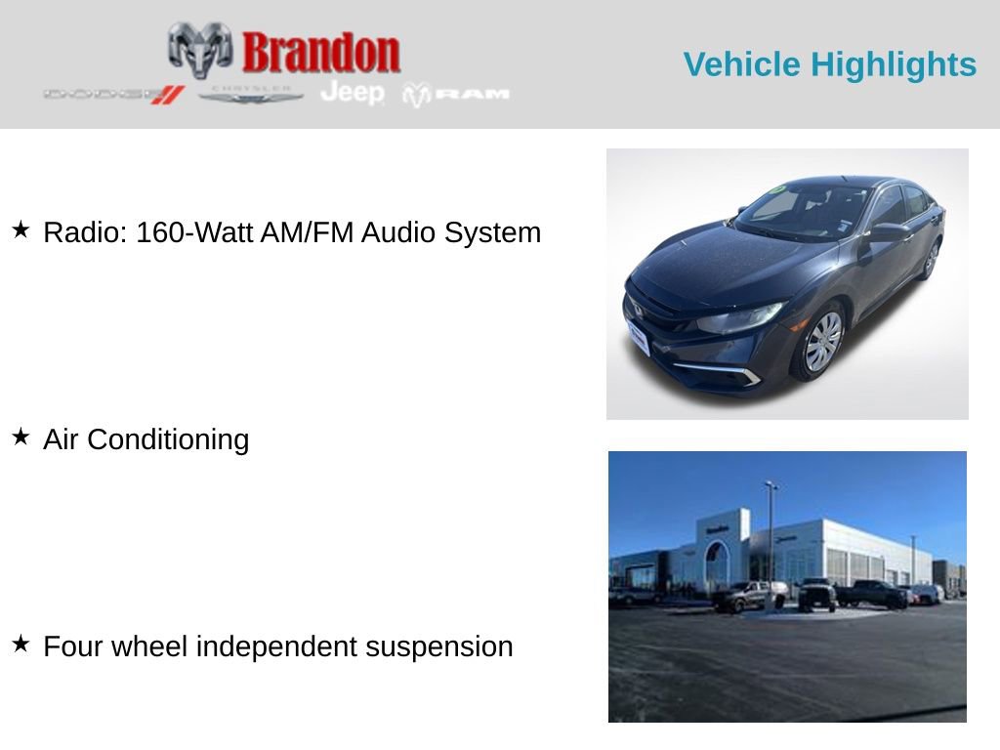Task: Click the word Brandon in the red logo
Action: coord(320,52)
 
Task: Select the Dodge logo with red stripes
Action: coord(114,95)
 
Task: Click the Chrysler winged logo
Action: coord(251,94)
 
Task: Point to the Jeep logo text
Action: coord(353,93)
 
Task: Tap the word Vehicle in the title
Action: coord(742,64)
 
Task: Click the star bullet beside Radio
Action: coord(21,230)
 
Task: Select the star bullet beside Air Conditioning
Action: coord(21,437)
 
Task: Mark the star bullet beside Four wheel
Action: coord(21,645)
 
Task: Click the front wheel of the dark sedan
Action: coord(820,342)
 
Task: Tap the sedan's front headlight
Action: coord(740,318)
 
